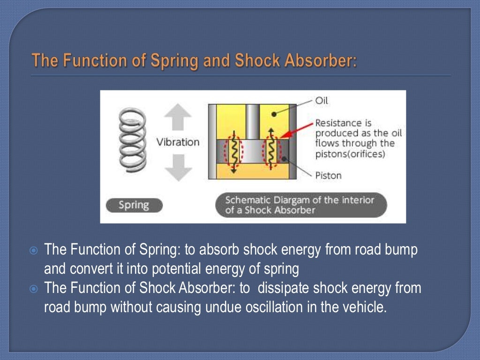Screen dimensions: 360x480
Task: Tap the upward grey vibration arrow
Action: pos(178,118)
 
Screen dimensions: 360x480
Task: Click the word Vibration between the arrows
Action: pos(178,142)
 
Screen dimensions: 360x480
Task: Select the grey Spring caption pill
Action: pos(134,205)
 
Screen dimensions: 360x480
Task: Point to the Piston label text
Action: pos(328,175)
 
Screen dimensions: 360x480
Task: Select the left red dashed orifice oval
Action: pos(232,151)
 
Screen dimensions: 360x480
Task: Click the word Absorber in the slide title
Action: pos(325,60)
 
